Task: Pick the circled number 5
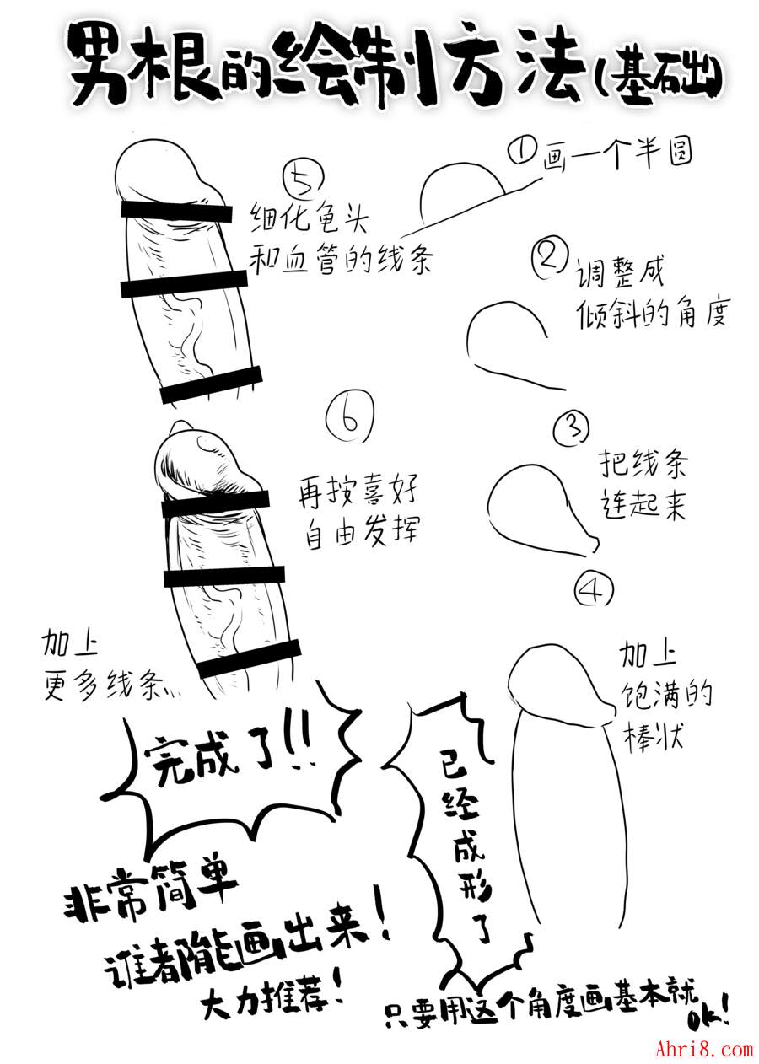[x=304, y=180]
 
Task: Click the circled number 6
[x=349, y=418]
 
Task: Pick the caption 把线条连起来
[x=643, y=485]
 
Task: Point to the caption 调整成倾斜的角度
[x=651, y=293]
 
